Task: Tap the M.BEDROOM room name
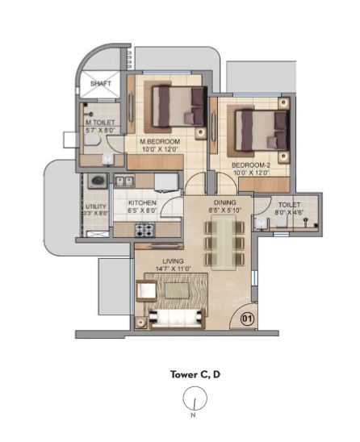click(160, 141)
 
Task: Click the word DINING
click(224, 203)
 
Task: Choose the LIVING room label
click(173, 262)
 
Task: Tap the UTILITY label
click(95, 206)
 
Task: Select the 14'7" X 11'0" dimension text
click(173, 270)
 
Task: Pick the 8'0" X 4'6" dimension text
click(283, 213)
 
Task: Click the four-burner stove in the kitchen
click(145, 229)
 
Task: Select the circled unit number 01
click(248, 319)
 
